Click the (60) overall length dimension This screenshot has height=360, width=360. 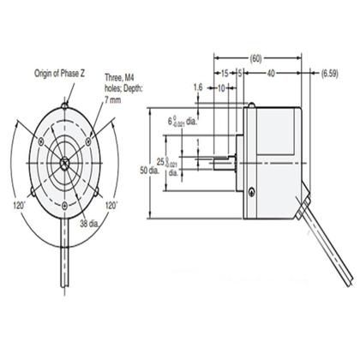tap(255, 58)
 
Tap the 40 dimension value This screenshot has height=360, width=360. tap(271, 74)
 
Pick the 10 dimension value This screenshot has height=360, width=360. tap(222, 87)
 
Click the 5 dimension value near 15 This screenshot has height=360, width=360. tap(241, 74)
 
